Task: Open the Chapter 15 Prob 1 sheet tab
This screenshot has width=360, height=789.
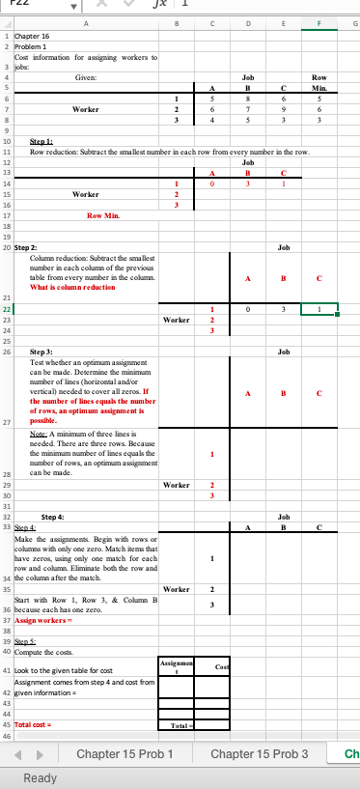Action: point(125,752)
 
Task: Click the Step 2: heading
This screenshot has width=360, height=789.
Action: point(25,220)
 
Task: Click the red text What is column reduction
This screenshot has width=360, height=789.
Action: point(73,260)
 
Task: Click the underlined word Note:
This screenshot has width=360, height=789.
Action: point(40,433)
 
